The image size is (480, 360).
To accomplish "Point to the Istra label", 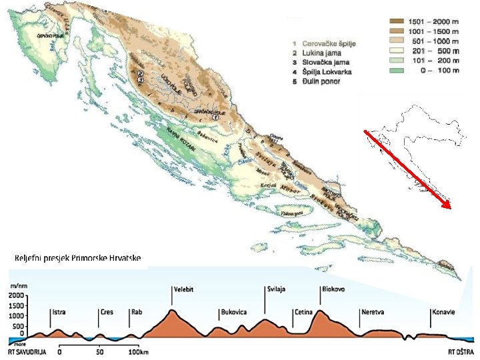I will click(x=59, y=311).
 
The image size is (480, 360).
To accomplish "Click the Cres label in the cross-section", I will click(x=107, y=311).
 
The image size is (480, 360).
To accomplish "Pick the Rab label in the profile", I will click(x=137, y=311).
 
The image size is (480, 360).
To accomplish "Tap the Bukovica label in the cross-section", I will click(x=233, y=311).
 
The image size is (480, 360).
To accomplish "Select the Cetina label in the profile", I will click(x=303, y=311).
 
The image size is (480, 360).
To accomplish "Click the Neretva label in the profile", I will click(x=372, y=311).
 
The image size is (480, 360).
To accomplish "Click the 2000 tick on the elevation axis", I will click(x=17, y=295).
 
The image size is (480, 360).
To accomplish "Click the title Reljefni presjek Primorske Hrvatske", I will click(x=77, y=257).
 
